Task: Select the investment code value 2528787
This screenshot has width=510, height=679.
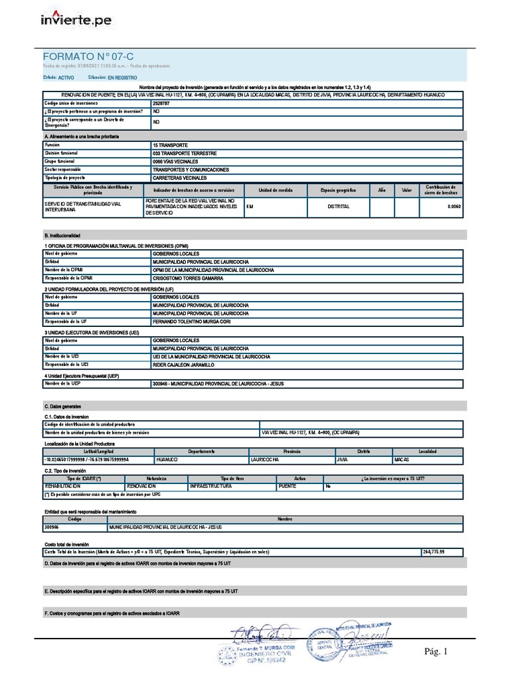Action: point(161,103)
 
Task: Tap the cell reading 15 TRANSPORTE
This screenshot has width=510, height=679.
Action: point(170,145)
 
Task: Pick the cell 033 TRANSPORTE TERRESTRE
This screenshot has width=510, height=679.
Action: point(185,153)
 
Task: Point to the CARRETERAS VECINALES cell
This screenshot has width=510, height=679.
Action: point(180,178)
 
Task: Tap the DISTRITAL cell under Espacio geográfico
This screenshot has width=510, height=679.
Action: point(338,206)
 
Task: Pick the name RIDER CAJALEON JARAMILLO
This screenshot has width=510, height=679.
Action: point(184,365)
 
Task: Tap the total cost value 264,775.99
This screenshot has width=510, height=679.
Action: point(433,552)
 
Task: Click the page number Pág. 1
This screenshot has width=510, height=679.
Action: point(436,652)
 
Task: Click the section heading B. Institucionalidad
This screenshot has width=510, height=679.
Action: point(62,235)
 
